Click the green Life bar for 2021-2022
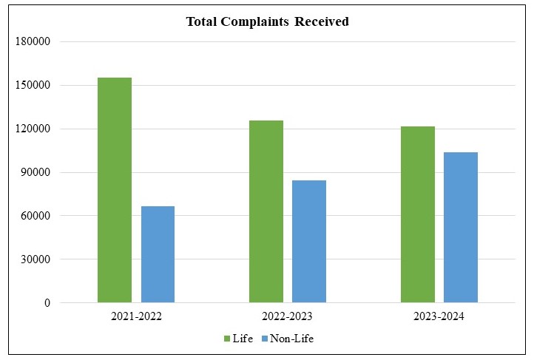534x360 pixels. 115,190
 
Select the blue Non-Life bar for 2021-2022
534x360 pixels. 158,254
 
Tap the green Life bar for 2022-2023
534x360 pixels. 266,211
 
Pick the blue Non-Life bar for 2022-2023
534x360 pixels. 309,241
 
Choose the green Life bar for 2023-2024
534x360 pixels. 418,214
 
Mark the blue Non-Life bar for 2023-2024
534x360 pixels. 461,227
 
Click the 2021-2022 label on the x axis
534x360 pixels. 136,316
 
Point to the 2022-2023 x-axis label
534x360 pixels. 288,316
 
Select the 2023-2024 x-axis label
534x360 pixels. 439,316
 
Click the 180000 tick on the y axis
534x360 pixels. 33,42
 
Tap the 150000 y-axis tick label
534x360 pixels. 33,86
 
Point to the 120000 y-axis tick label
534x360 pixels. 33,129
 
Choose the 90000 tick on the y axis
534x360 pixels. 35,173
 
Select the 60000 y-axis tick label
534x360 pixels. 35,216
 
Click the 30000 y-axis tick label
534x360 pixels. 35,259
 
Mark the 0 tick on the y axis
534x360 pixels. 47,303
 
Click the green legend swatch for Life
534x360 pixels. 227,339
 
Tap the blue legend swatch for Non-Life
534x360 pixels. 265,339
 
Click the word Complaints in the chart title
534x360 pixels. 254,22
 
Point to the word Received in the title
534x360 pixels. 322,22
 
